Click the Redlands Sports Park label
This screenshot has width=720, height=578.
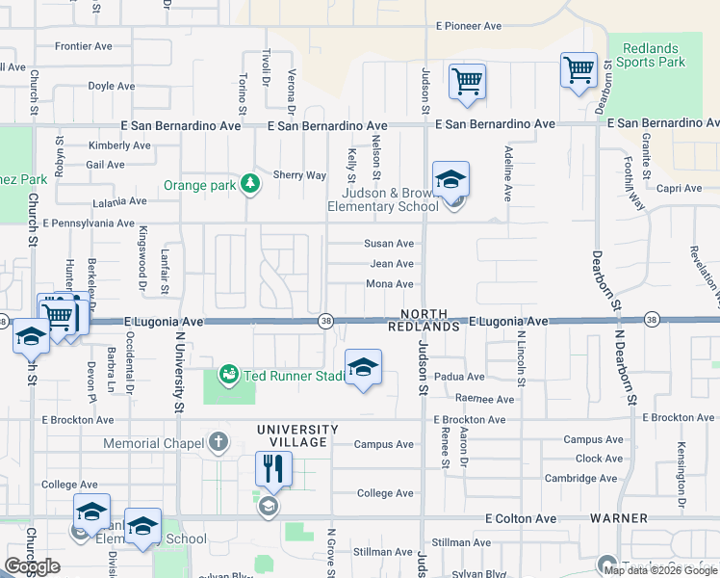650,55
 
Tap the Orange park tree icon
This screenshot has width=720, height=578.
250,183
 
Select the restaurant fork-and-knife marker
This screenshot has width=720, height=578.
273,469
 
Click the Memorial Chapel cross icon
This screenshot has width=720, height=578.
219,443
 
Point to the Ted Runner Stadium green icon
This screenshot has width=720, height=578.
228,375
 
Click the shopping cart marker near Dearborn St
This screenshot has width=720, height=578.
579,69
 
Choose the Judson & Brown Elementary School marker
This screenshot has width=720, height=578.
450,179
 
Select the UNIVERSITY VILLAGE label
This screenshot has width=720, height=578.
297,435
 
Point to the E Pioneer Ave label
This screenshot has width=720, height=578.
469,26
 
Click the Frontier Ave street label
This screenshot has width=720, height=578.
86,45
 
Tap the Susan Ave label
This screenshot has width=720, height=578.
389,244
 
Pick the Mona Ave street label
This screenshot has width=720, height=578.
390,284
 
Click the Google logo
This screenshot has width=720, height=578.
32,566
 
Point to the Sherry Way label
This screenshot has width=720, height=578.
299,175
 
